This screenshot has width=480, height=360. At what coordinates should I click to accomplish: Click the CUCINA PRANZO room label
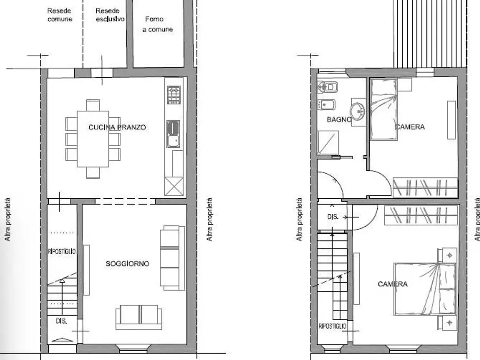[x=117, y=127]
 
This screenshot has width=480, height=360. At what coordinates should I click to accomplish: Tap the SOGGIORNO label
[x=127, y=264]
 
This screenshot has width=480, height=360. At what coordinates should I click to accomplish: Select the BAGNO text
[x=339, y=119]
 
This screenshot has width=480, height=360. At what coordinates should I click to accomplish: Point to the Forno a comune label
[x=157, y=24]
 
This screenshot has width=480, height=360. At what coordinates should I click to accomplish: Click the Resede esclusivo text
[x=110, y=15]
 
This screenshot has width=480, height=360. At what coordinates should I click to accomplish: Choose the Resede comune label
[x=60, y=15]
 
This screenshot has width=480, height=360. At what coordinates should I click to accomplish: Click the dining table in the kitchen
[x=93, y=139]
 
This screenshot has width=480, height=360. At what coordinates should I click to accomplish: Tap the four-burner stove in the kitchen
[x=174, y=95]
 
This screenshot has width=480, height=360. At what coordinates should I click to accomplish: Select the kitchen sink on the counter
[x=173, y=134]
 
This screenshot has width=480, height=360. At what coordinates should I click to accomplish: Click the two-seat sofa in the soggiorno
[x=139, y=317]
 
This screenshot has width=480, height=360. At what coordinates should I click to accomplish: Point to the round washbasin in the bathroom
[x=357, y=111]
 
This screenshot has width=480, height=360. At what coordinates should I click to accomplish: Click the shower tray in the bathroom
[x=328, y=143]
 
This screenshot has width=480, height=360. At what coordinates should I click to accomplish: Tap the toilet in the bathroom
[x=327, y=87]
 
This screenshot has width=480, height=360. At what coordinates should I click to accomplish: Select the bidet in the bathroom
[x=326, y=105]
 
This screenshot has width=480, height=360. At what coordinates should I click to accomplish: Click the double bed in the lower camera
[x=425, y=289]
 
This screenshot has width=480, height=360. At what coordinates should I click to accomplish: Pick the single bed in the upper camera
[x=384, y=109]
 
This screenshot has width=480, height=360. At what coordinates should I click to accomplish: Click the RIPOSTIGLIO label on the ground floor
[x=61, y=251]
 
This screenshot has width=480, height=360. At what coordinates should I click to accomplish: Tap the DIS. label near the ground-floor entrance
[x=61, y=321]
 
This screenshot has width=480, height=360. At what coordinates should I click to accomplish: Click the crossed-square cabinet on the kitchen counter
[x=174, y=186]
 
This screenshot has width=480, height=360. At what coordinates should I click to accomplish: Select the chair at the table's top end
[x=93, y=105]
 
